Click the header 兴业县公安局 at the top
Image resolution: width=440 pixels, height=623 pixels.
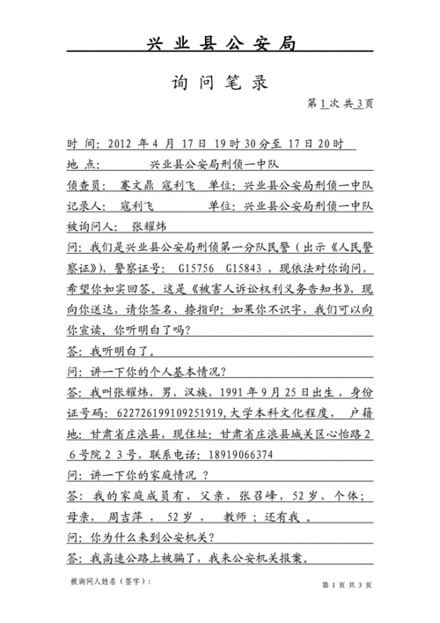[219, 44]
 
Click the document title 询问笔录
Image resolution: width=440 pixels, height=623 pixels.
[219, 85]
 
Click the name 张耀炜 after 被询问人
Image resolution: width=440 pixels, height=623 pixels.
[144, 226]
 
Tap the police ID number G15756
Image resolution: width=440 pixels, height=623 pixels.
[194, 268]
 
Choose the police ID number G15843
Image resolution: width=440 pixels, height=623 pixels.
[243, 268]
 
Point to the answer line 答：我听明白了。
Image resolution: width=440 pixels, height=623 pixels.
[111, 351]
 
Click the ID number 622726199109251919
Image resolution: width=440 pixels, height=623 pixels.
[162, 412]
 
